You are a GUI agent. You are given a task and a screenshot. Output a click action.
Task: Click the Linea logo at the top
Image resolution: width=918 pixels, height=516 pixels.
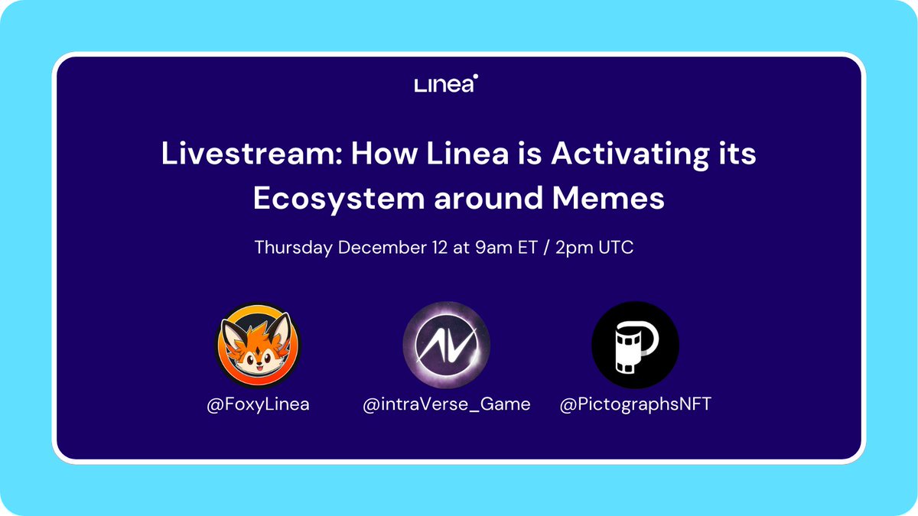(446, 85)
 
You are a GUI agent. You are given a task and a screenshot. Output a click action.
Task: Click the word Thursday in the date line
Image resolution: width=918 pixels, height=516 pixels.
(294, 248)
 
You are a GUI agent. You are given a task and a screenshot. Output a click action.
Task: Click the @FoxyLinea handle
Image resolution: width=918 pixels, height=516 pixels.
(258, 404)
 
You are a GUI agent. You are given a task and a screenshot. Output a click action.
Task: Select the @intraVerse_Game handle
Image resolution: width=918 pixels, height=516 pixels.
(447, 404)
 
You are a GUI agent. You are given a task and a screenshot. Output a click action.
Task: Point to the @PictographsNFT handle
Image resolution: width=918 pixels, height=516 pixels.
(635, 404)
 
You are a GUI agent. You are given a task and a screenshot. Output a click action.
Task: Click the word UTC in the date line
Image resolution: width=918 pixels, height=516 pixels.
(616, 248)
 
